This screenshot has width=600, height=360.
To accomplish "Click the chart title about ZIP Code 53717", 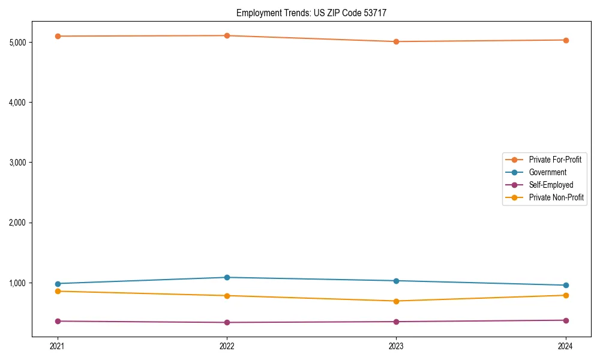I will pos(316,13).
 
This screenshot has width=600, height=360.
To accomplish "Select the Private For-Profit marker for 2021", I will pos(58,36).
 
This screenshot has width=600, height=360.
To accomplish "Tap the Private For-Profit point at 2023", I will pos(397,41).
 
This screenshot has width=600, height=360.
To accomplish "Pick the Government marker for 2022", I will pos(227,277).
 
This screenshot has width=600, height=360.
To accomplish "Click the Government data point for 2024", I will pos(566,285).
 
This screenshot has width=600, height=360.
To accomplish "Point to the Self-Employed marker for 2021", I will pos(58,321).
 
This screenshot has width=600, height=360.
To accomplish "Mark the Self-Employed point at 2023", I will pos(397,322).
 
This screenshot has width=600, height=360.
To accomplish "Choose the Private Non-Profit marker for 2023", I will pos(397,301).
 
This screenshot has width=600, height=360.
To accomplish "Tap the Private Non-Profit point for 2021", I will pos(58,291).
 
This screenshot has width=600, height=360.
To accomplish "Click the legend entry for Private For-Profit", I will pos(554,160).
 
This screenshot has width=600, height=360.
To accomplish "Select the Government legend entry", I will pos(547,172).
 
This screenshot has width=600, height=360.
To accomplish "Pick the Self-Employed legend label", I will pos(551,185).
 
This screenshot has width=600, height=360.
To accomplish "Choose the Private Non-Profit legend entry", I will pos(556,197).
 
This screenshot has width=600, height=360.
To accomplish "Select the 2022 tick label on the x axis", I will pos(227,346).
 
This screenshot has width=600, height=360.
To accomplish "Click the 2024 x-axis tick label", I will pos(566,346).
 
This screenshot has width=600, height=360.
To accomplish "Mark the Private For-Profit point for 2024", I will pos(566,40).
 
